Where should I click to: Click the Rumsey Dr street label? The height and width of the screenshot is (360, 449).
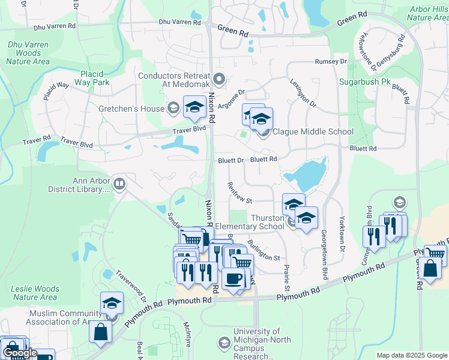point(331,62)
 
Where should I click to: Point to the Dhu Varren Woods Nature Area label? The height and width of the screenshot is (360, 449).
point(28,53)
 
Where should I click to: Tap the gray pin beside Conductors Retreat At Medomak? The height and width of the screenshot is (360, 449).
point(219,78)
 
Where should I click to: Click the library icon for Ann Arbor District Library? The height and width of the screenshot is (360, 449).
point(119,184)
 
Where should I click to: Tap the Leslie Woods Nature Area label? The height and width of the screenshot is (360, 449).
point(35,293)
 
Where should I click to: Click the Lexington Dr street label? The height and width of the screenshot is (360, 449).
point(303,93)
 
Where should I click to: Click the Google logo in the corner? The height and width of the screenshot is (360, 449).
point(20,353)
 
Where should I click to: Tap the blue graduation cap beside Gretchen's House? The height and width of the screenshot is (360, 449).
point(194,107)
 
